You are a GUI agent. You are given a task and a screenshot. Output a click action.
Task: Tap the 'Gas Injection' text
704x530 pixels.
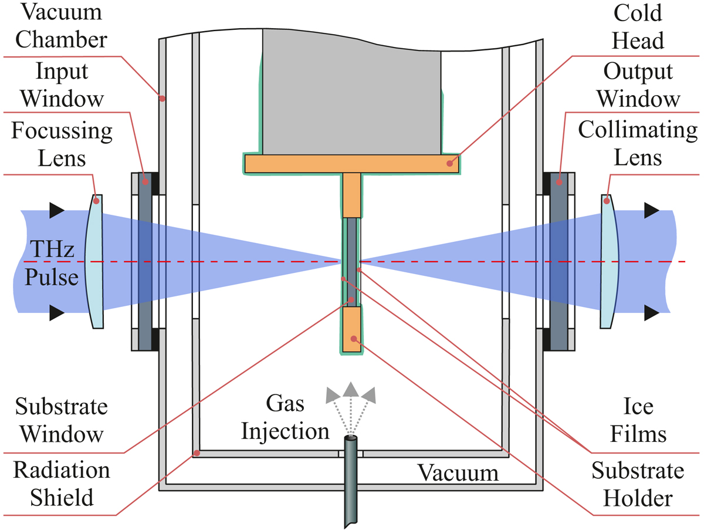(x=286, y=418)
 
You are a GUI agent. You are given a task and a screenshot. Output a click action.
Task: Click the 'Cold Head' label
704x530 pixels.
(x=637, y=26)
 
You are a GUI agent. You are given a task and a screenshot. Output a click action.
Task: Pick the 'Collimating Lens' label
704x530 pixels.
(x=638, y=144)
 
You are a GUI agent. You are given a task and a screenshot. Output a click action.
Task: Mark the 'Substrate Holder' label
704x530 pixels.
(x=638, y=484)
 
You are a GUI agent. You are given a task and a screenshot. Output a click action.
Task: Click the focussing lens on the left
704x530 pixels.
(x=96, y=261)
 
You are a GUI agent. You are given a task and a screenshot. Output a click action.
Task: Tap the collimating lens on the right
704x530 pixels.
(x=611, y=261)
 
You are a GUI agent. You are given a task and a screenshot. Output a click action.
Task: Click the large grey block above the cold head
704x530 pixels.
(x=351, y=91)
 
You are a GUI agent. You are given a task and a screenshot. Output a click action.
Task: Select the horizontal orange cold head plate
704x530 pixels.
(x=351, y=164)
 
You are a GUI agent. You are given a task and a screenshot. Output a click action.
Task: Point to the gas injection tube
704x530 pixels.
(x=351, y=481)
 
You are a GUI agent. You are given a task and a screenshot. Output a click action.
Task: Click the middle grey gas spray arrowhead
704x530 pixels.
(x=350, y=389)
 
